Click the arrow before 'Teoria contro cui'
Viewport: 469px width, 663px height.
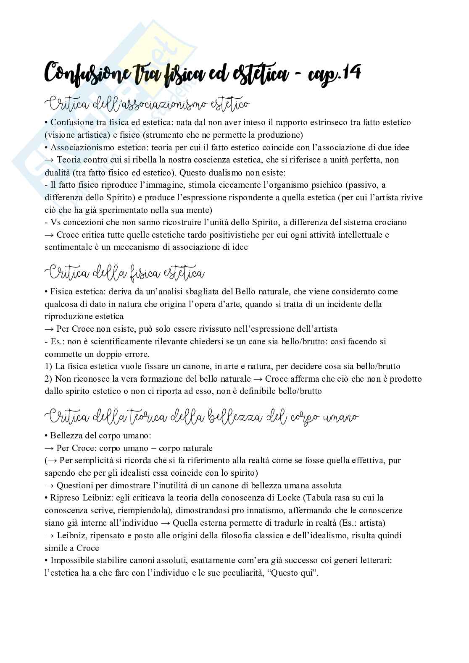coord(50,160)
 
